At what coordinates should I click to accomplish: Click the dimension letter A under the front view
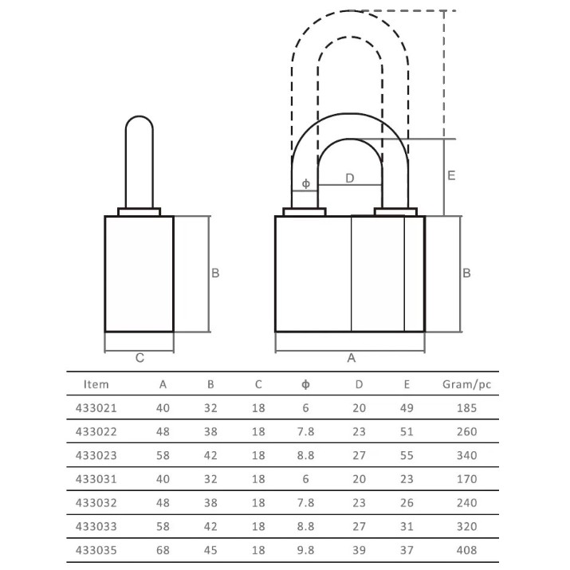[x=351, y=358]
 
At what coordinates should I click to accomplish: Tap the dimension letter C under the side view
[x=140, y=358]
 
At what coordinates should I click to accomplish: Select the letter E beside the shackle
[x=451, y=175]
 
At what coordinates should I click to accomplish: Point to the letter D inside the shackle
[x=350, y=178]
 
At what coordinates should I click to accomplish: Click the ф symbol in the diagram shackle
[x=306, y=183]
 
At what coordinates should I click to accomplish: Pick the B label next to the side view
[x=215, y=273]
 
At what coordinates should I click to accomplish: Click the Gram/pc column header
[x=466, y=384]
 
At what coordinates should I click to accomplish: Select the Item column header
[x=96, y=384]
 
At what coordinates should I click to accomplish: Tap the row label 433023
[x=96, y=455]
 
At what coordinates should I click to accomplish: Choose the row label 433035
[x=96, y=550]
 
